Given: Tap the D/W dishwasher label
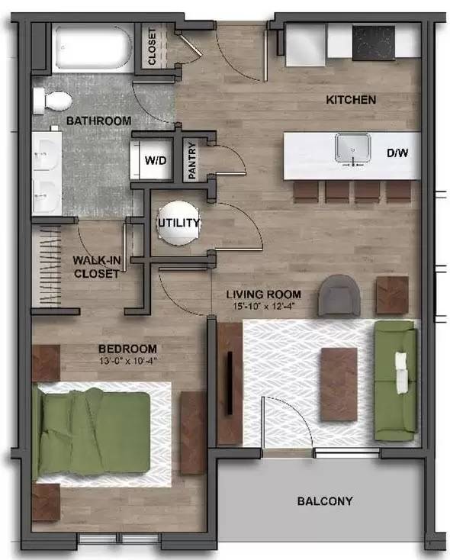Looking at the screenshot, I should click(397, 153).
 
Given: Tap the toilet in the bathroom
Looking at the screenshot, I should click(54, 100).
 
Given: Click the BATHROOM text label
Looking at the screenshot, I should click(98, 121).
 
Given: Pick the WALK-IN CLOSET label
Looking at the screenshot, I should click(96, 267).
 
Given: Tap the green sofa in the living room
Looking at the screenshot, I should click(395, 380).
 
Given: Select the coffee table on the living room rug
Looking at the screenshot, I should click(338, 383).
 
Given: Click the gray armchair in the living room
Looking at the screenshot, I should click(339, 294).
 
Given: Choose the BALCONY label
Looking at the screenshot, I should click(324, 501).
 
